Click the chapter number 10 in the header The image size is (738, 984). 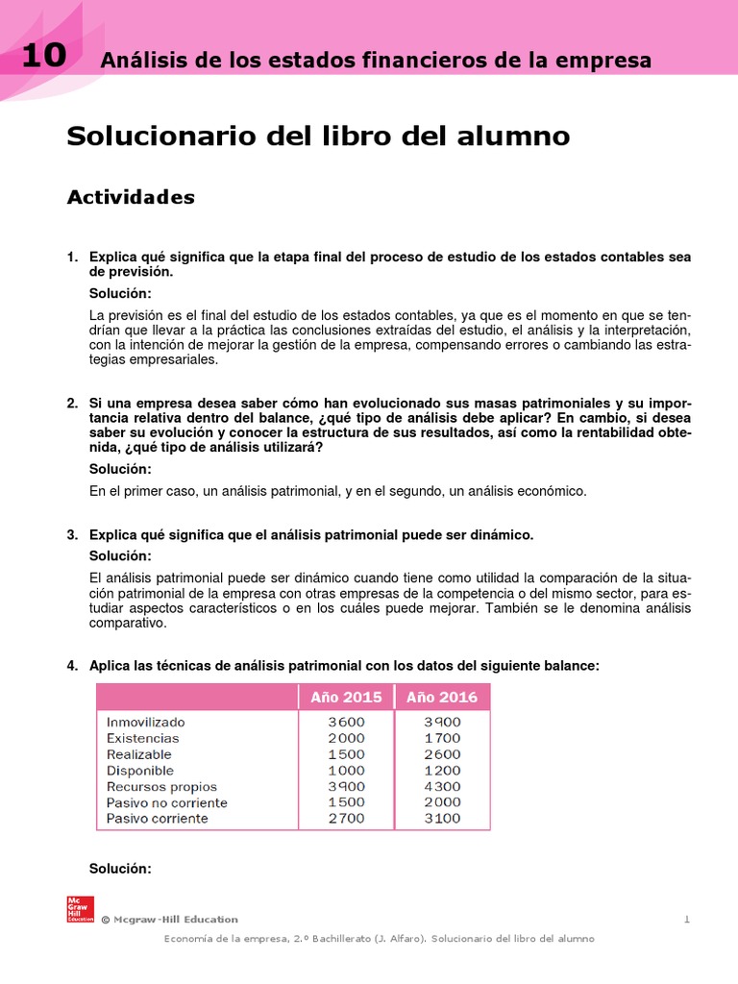[42, 56]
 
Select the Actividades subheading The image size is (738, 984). [131, 197]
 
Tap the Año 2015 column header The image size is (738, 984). [346, 697]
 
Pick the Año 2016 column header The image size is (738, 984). [442, 697]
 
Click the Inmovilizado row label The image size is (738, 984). [146, 722]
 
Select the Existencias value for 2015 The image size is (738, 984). [346, 738]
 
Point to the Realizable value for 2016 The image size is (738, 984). [442, 754]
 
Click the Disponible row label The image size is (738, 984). [140, 771]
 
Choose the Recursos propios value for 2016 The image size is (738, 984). [442, 786]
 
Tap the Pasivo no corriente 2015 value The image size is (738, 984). [346, 802]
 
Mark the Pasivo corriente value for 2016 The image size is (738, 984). [442, 819]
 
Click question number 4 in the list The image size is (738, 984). [72, 666]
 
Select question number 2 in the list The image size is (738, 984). [72, 403]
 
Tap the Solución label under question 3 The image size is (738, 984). [120, 556]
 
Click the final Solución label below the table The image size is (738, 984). [120, 869]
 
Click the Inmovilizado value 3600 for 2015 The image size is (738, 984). [346, 722]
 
